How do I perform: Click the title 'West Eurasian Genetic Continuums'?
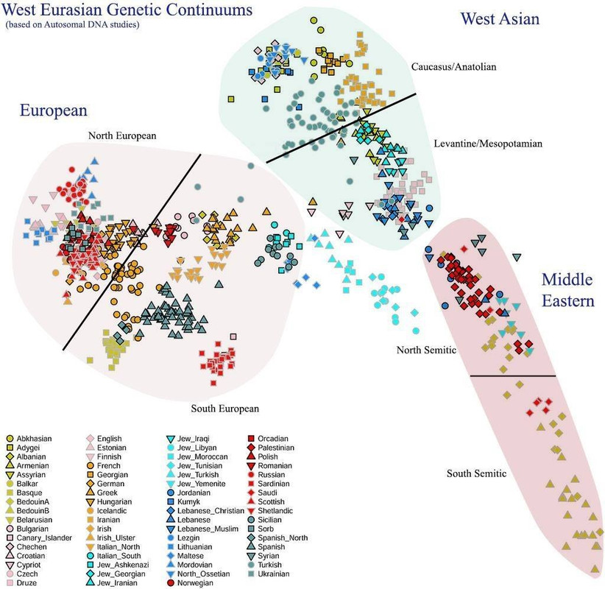click(x=127, y=10)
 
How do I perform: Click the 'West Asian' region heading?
click(x=500, y=18)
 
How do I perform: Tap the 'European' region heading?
click(x=54, y=110)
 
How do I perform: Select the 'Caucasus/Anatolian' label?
click(x=454, y=67)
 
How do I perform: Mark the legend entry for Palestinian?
click(x=280, y=447)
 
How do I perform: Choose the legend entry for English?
click(x=113, y=437)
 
